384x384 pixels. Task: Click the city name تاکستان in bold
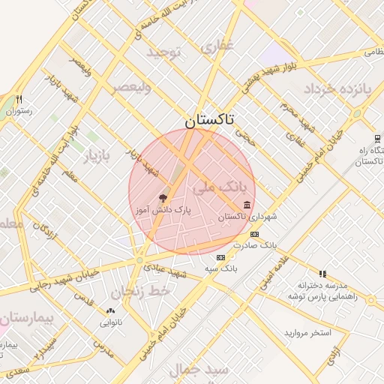[209, 120]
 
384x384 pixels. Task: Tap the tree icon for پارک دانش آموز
[163, 199]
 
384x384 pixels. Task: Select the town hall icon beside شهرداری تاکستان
[247, 205]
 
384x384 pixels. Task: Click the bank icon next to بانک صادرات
[253, 235]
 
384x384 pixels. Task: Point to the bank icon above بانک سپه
[220, 257]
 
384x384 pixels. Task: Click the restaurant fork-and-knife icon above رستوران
[19, 99]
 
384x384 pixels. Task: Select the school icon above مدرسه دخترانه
[322, 274]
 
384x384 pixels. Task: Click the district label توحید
[165, 52]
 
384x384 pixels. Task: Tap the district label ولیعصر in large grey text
[131, 88]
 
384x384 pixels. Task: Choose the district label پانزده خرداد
[337, 89]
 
